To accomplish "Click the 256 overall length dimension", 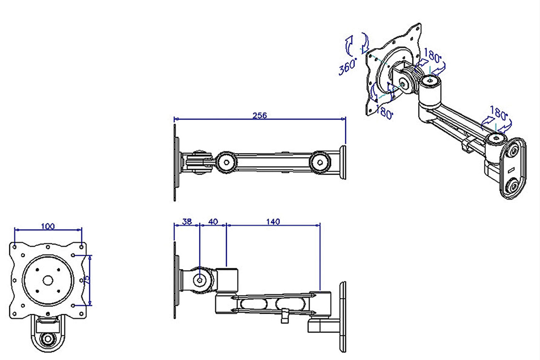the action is point(260,115).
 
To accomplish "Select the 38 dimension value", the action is point(187,222).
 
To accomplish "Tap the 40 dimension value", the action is point(213,222).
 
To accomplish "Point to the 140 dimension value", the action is point(273,222).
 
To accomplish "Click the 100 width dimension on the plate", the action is point(48,226).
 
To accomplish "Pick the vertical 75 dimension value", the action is point(87,279).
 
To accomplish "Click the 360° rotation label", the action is point(348,67).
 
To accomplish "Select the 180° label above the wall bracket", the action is point(498,113).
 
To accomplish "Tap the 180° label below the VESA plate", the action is point(385,113).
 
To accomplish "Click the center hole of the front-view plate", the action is point(48,280).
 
